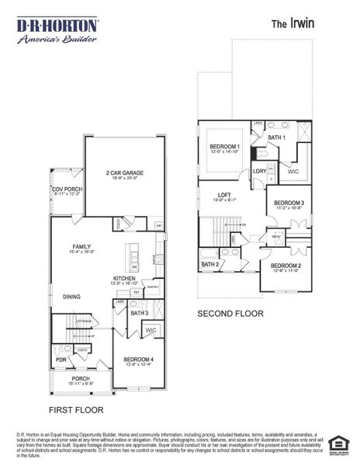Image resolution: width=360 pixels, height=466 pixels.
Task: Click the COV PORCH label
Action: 67,190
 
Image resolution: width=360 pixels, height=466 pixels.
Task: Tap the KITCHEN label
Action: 125,278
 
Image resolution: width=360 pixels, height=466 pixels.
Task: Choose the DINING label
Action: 72,296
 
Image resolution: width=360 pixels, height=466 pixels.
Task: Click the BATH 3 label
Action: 140,313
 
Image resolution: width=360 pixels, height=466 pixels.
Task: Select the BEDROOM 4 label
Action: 140,359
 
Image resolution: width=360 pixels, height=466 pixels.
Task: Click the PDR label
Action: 61,360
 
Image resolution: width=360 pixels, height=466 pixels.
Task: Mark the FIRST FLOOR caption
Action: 76,409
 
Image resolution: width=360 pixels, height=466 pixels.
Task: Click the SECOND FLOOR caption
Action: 230,314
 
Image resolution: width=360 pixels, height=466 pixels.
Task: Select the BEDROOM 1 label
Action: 225,147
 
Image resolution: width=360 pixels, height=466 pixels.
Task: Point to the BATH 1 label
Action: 277,138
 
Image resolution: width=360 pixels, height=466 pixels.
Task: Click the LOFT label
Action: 225,195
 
